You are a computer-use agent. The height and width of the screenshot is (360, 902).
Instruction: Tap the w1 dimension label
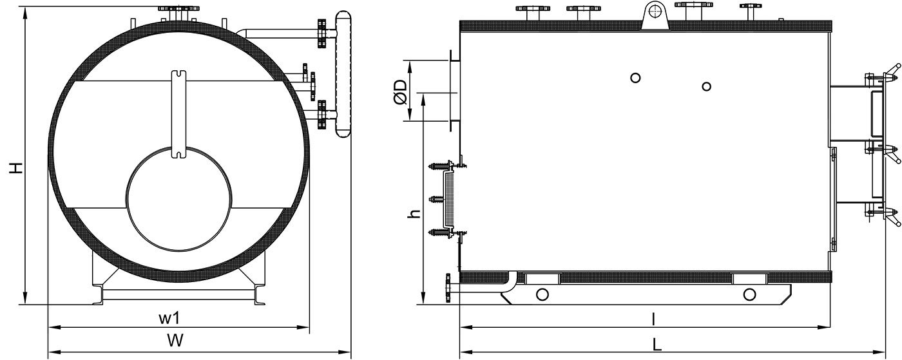pos(169,319)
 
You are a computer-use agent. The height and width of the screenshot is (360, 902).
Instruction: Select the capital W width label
pos(175,340)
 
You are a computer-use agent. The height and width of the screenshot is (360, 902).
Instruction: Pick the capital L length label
pos(657,345)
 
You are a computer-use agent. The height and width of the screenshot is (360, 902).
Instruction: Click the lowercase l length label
pos(653,319)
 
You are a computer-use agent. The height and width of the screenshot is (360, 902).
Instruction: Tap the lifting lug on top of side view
pos(655,15)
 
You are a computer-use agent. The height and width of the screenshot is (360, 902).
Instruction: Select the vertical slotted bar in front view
pos(179,113)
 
